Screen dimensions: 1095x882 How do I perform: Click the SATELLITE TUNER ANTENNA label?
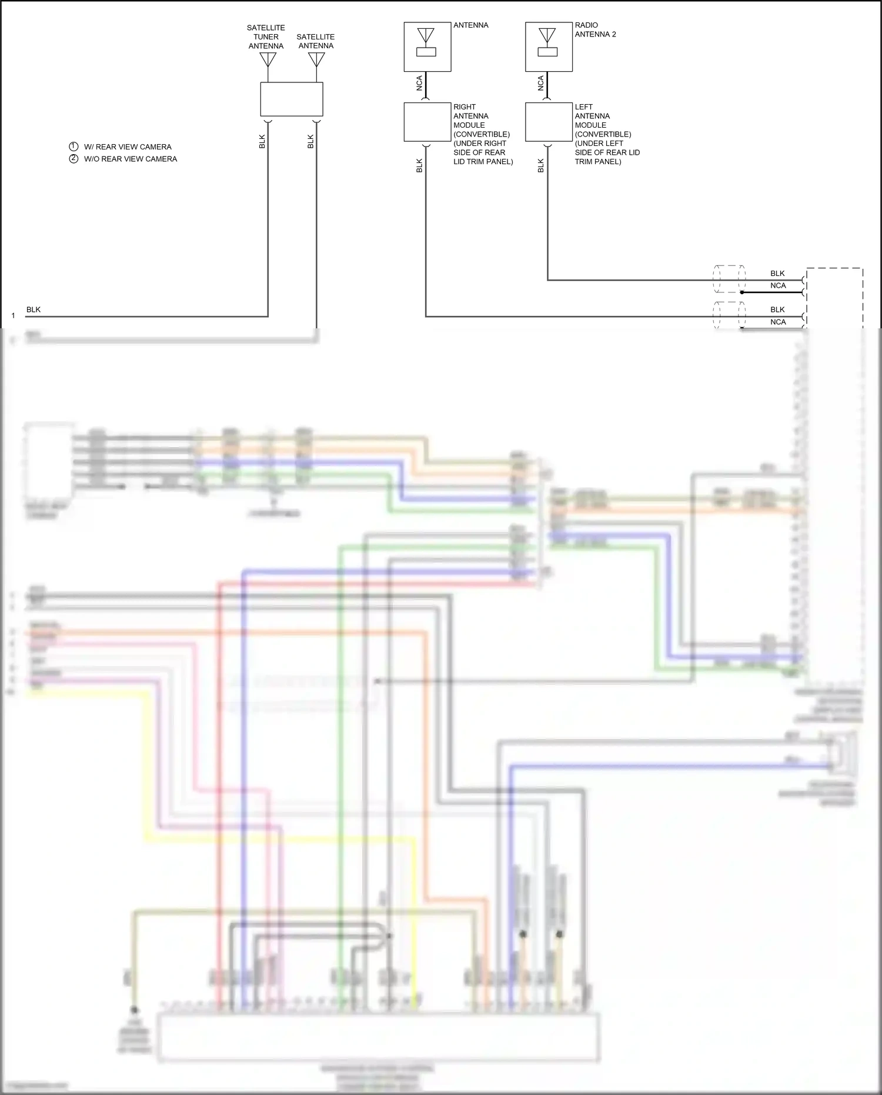(x=266, y=36)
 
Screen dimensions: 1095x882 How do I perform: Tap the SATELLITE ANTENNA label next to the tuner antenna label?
(x=316, y=41)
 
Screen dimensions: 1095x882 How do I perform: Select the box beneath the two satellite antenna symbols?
(x=292, y=99)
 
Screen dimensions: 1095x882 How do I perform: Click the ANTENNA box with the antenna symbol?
(x=427, y=47)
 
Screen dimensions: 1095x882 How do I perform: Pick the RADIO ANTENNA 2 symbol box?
(x=549, y=47)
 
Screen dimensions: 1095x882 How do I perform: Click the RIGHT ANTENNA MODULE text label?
(x=482, y=134)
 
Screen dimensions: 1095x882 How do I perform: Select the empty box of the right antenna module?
(x=427, y=122)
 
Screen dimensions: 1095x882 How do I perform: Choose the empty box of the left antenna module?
(x=549, y=122)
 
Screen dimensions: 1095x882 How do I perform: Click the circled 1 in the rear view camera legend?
(x=73, y=147)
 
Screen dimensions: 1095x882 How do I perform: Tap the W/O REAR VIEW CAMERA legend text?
(x=130, y=159)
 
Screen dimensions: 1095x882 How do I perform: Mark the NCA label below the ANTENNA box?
(x=419, y=84)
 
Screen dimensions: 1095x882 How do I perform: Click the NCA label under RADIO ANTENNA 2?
(x=541, y=84)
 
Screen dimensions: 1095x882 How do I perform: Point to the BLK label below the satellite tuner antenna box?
(x=262, y=141)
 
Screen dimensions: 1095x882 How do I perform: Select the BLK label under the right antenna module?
(x=419, y=165)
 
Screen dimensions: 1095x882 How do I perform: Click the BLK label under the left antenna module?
(x=541, y=165)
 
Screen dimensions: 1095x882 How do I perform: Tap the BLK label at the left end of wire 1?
(x=34, y=309)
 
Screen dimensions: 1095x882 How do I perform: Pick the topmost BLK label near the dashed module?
(x=777, y=273)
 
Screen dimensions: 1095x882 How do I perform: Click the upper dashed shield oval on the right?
(x=729, y=279)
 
